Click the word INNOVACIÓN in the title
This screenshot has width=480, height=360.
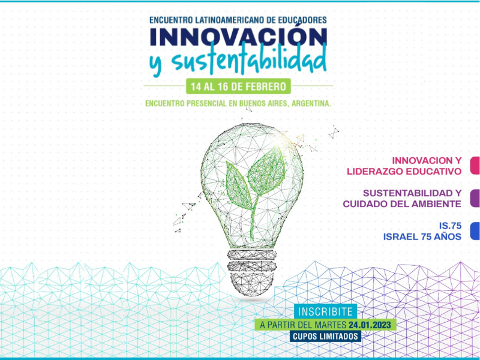[238, 37]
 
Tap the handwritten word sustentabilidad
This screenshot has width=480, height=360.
[248, 61]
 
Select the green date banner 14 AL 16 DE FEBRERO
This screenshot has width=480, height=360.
[238, 86]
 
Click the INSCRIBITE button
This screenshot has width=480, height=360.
[325, 311]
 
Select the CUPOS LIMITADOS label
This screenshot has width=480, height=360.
[325, 337]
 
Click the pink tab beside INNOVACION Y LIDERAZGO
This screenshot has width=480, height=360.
[475, 166]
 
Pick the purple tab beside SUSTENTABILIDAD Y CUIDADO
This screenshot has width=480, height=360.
[475, 199]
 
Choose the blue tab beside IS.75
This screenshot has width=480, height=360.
[475, 231]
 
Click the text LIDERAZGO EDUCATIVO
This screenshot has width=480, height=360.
[404, 172]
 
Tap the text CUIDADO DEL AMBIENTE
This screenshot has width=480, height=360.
[402, 204]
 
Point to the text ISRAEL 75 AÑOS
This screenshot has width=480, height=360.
[422, 236]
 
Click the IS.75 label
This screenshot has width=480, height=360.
[450, 226]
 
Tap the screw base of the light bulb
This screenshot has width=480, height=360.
[251, 272]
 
